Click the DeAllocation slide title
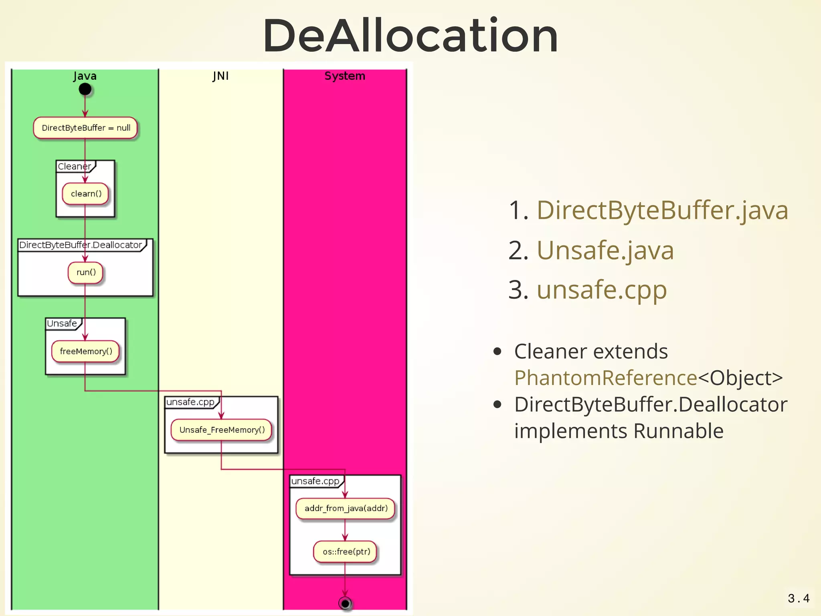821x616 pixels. click(x=410, y=36)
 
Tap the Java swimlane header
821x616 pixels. click(x=85, y=76)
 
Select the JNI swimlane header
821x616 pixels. click(x=220, y=76)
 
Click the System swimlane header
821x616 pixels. click(x=345, y=76)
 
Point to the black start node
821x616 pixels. click(x=85, y=89)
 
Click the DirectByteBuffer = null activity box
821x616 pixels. click(x=85, y=128)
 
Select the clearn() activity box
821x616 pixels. click(x=85, y=194)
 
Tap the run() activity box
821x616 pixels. click(x=85, y=273)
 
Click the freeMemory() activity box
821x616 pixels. click(x=85, y=351)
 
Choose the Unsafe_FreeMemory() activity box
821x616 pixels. click(x=221, y=430)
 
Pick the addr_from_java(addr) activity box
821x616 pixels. click(x=345, y=509)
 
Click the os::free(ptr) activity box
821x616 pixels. click(x=345, y=552)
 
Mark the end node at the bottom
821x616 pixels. click(x=345, y=603)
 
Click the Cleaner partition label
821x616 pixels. click(x=75, y=166)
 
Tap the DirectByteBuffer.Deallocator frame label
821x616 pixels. click(x=81, y=245)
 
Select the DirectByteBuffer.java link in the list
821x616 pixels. click(x=662, y=210)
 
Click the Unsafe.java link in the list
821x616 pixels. click(x=605, y=250)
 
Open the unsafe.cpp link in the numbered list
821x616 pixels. click(x=601, y=290)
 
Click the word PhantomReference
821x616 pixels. click(x=605, y=378)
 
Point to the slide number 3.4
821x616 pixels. click(x=798, y=599)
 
